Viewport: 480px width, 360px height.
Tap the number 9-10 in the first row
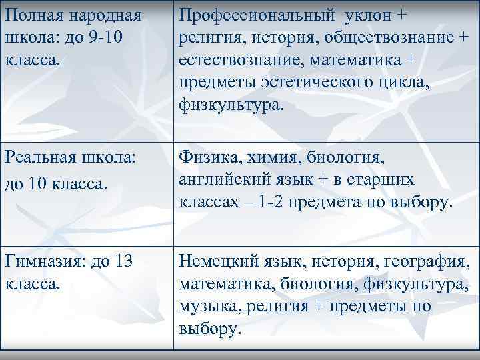[x=107, y=38]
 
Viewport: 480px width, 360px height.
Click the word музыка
[x=206, y=307]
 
